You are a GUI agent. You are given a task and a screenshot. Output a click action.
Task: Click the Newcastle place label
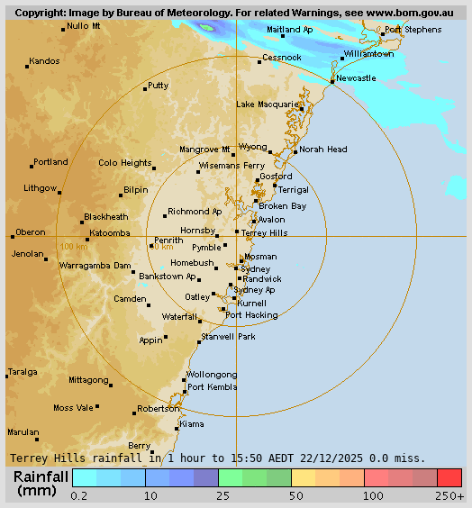pos(356,78)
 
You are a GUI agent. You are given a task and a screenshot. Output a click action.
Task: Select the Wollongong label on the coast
pos(212,375)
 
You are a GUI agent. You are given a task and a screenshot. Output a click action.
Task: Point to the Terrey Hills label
pos(265,232)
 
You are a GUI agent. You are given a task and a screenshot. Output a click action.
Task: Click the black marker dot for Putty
pos(145,89)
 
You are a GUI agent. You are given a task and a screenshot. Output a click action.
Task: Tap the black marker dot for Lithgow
pos(60,192)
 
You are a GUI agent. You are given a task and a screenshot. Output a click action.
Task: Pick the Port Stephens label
pos(413,30)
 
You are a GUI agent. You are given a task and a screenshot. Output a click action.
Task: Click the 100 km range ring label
pos(74,246)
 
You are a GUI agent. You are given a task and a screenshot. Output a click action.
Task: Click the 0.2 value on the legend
pos(79,496)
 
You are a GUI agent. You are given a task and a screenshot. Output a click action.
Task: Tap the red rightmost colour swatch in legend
pos(449,477)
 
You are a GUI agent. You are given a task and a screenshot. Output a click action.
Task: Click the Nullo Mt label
pos(84,26)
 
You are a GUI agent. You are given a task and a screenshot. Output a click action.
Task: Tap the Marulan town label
pos(23,431)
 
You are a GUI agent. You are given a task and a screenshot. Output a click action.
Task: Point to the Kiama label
pos(192,423)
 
